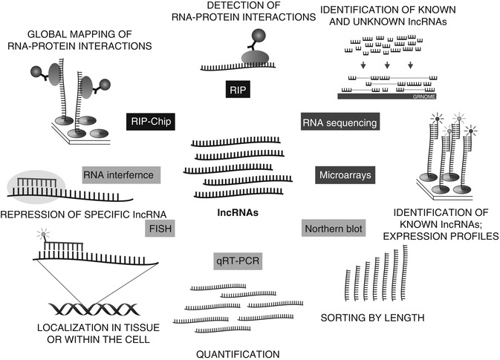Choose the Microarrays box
343,176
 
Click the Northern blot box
333,229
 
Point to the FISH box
159,229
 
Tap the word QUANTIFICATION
238,354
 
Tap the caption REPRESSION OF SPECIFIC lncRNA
84,215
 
